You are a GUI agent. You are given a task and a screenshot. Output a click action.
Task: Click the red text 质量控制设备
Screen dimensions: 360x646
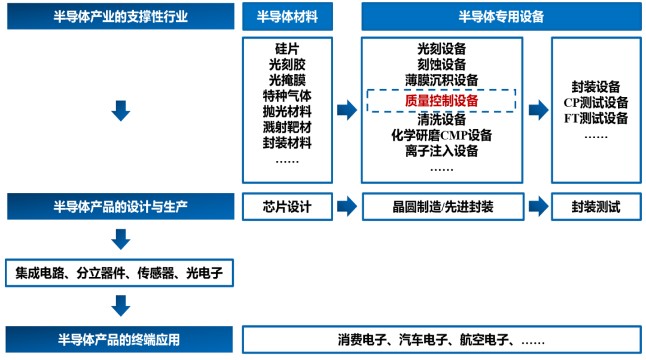[441, 101]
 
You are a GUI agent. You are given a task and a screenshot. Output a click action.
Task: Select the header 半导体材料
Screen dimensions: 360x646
[287, 16]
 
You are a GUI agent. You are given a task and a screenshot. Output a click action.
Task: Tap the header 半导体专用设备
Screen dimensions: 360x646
[501, 16]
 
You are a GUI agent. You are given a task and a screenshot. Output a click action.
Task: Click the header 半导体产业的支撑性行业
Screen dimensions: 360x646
[120, 16]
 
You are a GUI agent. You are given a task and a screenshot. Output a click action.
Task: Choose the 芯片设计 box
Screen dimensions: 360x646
[287, 207]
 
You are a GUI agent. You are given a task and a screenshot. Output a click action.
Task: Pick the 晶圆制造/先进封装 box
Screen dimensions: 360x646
[442, 207]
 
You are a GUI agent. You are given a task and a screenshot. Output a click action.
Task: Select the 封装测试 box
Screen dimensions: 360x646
[596, 207]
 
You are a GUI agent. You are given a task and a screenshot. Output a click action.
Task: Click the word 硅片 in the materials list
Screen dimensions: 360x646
[287, 49]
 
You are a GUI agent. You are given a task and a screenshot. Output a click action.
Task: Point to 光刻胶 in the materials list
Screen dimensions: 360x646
[287, 65]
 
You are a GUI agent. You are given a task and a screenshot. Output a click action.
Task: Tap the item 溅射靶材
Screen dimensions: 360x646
[287, 127]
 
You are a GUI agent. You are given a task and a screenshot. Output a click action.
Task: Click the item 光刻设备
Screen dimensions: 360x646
[441, 49]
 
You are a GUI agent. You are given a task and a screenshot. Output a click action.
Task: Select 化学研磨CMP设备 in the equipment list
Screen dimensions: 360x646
[441, 135]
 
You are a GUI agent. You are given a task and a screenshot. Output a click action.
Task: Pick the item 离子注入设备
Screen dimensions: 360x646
[441, 151]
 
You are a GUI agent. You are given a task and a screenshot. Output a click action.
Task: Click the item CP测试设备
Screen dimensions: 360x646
[596, 102]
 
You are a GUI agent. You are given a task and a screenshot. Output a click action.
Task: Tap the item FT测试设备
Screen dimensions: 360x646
[596, 118]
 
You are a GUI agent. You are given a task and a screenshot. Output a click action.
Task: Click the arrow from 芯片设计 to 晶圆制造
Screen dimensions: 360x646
[347, 207]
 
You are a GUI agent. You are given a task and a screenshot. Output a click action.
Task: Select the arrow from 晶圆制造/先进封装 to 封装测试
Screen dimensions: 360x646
[538, 207]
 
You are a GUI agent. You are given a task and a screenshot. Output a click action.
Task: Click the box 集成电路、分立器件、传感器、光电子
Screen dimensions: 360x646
[119, 274]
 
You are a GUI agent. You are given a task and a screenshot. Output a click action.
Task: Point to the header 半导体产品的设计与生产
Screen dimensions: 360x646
[120, 207]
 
